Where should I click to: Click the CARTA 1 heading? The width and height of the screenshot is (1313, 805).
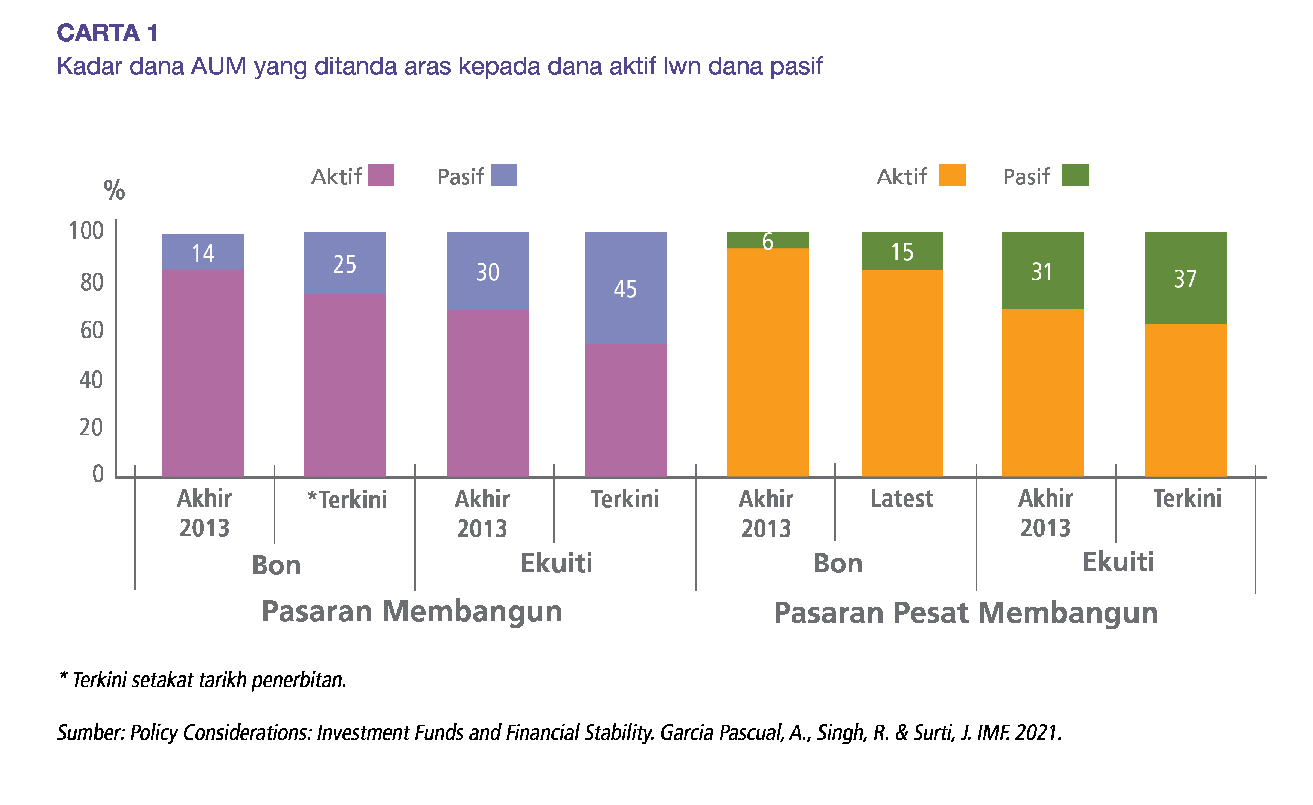[x=108, y=33]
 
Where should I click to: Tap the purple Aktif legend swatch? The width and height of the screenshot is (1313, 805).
[x=381, y=175]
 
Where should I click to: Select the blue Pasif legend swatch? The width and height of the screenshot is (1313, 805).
[x=503, y=175]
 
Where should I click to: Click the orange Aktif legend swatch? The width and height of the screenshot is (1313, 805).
[x=952, y=175]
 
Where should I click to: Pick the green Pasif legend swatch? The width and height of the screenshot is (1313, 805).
[x=1075, y=175]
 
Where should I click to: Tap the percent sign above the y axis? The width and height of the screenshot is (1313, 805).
[x=114, y=190]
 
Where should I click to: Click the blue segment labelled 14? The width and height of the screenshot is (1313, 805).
[x=202, y=252]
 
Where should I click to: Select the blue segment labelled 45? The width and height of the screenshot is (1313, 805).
[x=625, y=288]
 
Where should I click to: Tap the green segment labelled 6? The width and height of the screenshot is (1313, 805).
[x=768, y=240]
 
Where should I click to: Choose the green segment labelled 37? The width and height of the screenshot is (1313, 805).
[x=1186, y=278]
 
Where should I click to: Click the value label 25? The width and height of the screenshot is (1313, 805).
[x=345, y=264]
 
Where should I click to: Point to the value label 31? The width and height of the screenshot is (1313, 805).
[x=1042, y=272]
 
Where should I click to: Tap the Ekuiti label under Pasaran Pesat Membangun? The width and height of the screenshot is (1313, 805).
[x=1118, y=562]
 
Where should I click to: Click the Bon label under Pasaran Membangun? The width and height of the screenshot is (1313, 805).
[x=276, y=565]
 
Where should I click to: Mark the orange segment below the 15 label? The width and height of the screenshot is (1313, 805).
[x=902, y=373]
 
